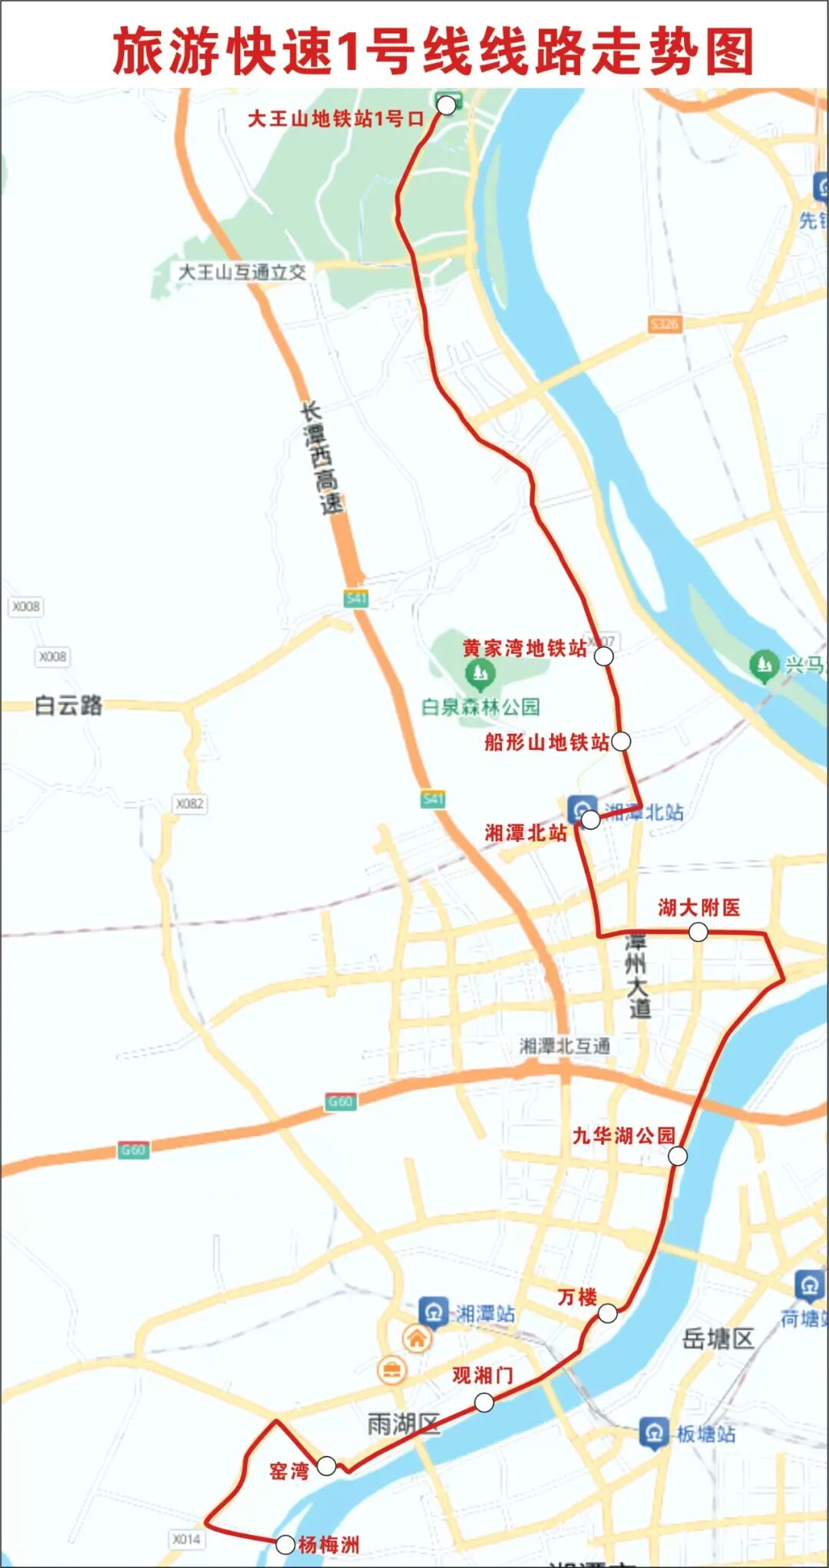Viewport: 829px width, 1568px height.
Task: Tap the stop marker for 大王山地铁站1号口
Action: coord(446,105)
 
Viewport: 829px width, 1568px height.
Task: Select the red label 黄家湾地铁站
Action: coord(524,649)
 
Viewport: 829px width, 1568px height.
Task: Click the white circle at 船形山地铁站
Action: coord(621,741)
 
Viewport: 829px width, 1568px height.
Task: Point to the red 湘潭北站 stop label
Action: coord(526,832)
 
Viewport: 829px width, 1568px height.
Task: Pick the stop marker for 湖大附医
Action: coord(698,932)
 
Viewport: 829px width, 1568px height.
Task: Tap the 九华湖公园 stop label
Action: coord(623,1135)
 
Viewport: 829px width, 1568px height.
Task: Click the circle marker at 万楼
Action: coord(607,1313)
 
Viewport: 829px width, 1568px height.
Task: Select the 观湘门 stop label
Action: coord(482,1375)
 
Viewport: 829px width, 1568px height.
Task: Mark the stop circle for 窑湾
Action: coord(326,1465)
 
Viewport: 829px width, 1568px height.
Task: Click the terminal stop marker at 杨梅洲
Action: coord(285,1544)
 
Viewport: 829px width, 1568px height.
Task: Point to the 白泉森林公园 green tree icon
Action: coord(481,674)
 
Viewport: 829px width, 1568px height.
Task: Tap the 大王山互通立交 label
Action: coord(242,272)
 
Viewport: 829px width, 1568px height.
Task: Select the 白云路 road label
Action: coord(68,705)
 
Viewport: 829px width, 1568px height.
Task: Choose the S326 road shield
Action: coord(664,324)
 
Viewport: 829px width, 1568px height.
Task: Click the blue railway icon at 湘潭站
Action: coord(433,1312)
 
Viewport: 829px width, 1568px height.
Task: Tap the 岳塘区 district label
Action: coord(718,1339)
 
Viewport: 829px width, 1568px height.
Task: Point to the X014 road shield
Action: coord(187,1539)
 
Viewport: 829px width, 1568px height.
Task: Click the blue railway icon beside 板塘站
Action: coord(654,1432)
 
